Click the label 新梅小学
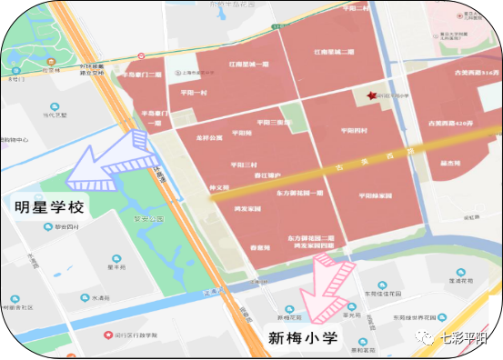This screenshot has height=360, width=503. tap(302, 339)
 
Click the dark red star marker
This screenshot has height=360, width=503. tap(370, 95)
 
